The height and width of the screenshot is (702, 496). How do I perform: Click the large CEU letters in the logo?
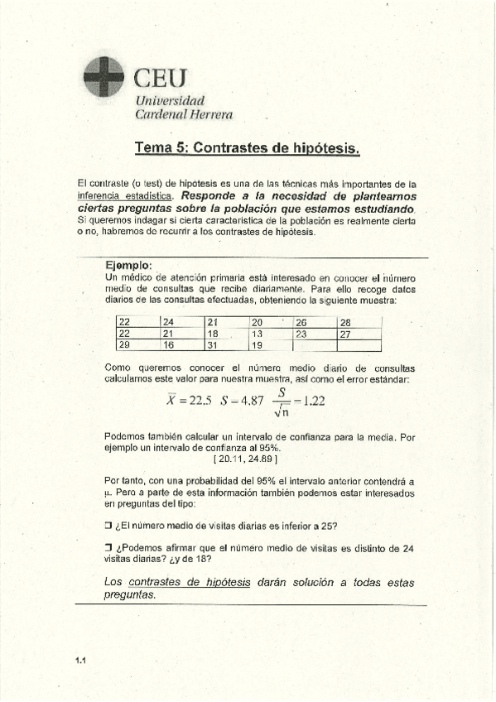[x=161, y=79]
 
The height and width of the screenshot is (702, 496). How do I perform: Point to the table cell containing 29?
[x=137, y=345]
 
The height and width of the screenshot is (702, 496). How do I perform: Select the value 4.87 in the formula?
[x=249, y=401]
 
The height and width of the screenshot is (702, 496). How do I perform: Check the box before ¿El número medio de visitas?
[x=108, y=525]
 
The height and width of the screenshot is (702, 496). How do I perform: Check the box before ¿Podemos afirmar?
[x=108, y=547]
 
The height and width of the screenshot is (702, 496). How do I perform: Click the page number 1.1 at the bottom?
[x=80, y=660]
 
